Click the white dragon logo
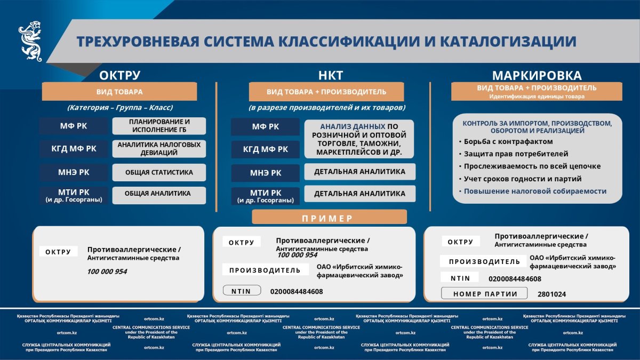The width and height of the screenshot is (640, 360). pos(30,42)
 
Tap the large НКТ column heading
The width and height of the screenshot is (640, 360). pos(330,75)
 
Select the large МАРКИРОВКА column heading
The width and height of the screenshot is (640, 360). pos(537,75)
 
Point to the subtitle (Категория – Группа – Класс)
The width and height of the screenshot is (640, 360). pos(119,107)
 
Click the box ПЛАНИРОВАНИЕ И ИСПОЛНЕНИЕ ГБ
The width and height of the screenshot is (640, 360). pos(159,126)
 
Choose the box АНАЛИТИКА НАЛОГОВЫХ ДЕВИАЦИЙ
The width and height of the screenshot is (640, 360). pos(159,149)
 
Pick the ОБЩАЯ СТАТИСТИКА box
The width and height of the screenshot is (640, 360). pos(159,172)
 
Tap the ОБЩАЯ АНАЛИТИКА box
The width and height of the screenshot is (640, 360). pos(159,194)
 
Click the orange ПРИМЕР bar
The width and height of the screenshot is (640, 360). pos(329,218)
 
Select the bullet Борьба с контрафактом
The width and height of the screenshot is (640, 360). pos(508,142)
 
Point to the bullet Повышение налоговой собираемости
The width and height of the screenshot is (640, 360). pos(535,191)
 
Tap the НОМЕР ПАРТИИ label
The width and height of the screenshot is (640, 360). pos(485,294)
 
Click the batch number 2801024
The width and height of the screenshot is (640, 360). pos(552,294)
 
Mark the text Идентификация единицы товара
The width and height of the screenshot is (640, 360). pos(537,97)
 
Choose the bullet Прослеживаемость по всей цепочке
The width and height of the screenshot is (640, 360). pos(532,166)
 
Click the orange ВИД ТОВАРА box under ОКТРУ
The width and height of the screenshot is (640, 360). pos(119,92)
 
